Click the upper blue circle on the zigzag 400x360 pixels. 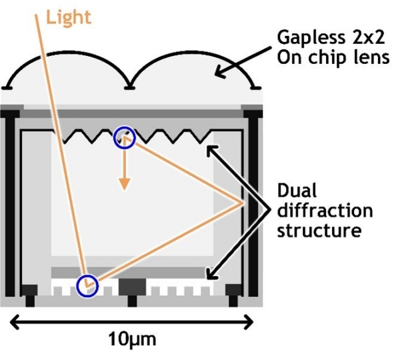pyautogui.click(x=124, y=137)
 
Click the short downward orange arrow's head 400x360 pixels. pyautogui.click(x=123, y=186)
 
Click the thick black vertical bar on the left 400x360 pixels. pyautogui.click(x=9, y=200)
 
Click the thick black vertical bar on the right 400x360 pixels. pyautogui.click(x=254, y=200)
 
